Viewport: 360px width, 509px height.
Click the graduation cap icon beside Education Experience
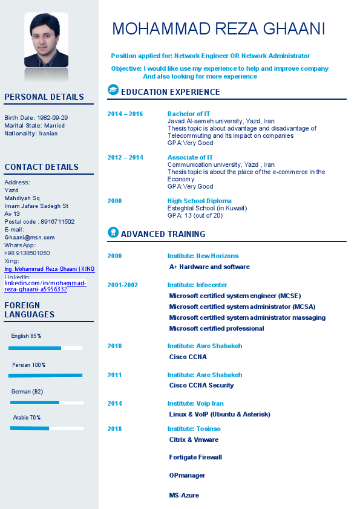pos(113,90)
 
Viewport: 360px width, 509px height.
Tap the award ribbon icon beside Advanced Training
pos(113,232)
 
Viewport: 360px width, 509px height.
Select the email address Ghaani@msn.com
pos(30,238)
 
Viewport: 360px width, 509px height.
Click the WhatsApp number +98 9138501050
pos(27,253)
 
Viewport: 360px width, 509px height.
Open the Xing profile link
pos(49,269)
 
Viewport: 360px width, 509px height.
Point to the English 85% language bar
pos(45,348)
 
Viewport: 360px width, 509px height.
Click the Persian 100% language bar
pos(45,375)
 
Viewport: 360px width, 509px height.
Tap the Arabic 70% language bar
pos(46,428)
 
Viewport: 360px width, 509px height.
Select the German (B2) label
pos(27,392)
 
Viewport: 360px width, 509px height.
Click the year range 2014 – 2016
pos(125,114)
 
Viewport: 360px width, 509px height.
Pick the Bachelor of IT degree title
pos(189,114)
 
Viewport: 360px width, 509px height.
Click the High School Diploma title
pos(200,201)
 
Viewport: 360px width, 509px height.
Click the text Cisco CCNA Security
pos(201,385)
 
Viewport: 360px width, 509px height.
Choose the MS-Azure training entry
pos(184,495)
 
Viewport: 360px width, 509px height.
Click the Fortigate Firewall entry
pos(195,457)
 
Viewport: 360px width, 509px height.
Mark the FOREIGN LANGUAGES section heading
pos(30,310)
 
